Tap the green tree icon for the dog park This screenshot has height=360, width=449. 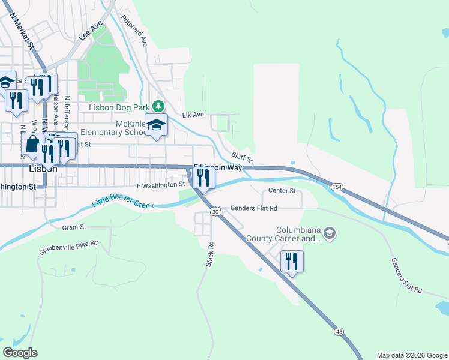click(158, 106)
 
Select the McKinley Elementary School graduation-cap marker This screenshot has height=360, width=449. click(157, 125)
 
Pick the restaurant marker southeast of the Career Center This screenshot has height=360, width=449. click(292, 262)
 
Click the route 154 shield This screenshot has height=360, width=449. click(337, 188)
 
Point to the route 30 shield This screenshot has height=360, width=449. click(216, 211)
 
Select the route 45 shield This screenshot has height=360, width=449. click(339, 332)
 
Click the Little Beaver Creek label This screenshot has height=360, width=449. click(123, 200)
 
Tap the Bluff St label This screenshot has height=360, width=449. click(243, 157)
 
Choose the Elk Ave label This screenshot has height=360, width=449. click(193, 115)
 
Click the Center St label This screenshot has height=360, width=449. click(282, 191)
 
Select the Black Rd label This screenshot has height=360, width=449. click(210, 256)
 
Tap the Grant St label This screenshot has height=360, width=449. click(74, 227)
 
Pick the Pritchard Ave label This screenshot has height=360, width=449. click(134, 31)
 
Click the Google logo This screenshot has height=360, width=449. click(20, 353)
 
